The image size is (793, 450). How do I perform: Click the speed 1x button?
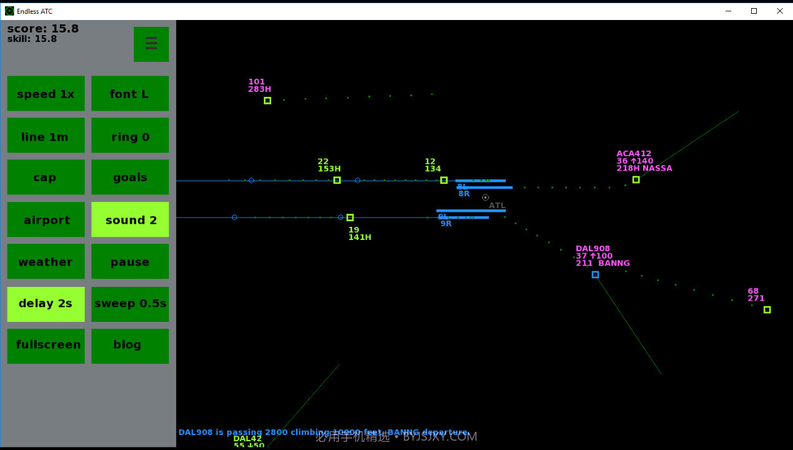[x=46, y=94]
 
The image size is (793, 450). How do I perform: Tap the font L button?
[x=130, y=94]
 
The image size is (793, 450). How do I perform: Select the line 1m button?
[x=46, y=136]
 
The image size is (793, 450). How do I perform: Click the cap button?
[x=46, y=177]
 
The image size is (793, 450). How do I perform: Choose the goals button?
[x=130, y=177]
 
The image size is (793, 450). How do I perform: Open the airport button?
[x=46, y=220]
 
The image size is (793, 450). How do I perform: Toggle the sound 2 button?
[x=130, y=220]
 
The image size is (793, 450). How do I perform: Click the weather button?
[x=46, y=261]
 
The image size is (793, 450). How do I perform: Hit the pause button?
[x=130, y=261]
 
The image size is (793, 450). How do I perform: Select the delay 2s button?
[x=46, y=304]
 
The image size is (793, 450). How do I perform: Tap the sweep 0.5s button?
[x=130, y=304]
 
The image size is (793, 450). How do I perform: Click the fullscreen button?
[x=46, y=346]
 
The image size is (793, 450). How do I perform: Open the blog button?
[x=130, y=346]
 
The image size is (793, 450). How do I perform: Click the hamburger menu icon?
[x=151, y=44]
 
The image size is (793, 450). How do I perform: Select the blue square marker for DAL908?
[x=595, y=274]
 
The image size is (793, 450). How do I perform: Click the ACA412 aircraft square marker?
[x=636, y=179]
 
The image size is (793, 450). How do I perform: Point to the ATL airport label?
[x=497, y=206]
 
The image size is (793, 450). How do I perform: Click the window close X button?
[x=779, y=11]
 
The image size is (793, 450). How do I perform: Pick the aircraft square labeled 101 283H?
[x=267, y=100]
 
